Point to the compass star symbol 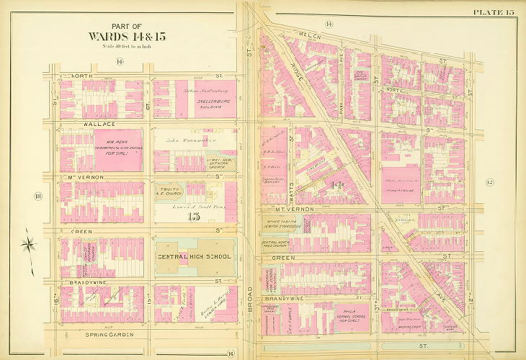28,243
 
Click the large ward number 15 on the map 192,217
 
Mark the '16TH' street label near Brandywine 55,297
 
